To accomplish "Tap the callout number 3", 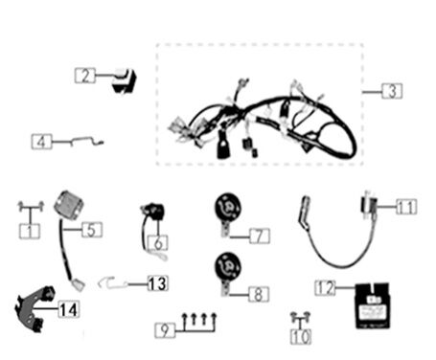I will pos(391,92).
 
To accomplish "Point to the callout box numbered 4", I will pos(41,143).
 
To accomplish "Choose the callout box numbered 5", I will pos(91,230).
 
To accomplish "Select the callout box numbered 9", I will pos(166,329).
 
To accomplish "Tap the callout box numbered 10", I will pos(301,336).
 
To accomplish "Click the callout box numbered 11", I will pos(406,206).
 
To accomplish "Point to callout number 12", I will pos(327,286).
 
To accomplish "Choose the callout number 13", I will pos(156,282).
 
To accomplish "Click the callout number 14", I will pos(69,308).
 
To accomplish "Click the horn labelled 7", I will pos(226,210).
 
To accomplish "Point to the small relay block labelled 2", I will pos(123,81).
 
